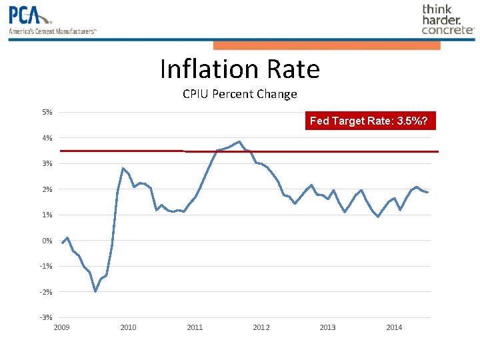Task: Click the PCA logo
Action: (x=30, y=15)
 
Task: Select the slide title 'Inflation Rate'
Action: (x=239, y=69)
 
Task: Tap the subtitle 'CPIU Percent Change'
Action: (x=239, y=94)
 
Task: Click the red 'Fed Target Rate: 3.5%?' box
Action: (x=372, y=121)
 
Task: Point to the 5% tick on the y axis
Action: (x=47, y=112)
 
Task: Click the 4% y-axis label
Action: (x=47, y=138)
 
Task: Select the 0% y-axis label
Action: (x=47, y=241)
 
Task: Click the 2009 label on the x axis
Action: (x=61, y=327)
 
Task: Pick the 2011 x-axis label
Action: (x=195, y=327)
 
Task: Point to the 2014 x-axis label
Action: (x=394, y=327)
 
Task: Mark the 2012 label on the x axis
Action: (x=261, y=327)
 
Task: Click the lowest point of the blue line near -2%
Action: (x=95, y=291)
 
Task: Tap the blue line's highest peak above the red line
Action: (x=239, y=141)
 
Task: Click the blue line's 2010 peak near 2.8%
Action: (x=123, y=168)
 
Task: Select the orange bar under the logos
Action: (x=327, y=45)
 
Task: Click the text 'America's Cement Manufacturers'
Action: (x=53, y=31)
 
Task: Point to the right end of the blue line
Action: (x=427, y=192)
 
